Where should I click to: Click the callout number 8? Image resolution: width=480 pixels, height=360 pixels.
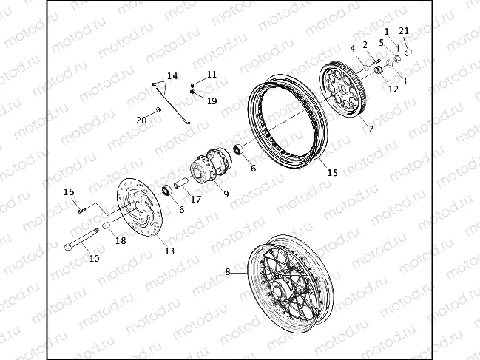pos(228,272)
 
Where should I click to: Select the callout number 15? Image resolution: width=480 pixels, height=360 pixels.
pos(332,172)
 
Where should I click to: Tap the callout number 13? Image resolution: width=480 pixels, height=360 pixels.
pos(169,251)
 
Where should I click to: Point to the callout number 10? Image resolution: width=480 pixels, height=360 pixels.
pos(94,259)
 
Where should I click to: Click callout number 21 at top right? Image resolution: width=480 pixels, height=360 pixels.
pos(403,30)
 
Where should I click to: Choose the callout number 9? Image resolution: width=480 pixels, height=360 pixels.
pos(225,194)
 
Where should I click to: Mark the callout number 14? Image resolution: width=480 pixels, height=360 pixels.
pos(172,75)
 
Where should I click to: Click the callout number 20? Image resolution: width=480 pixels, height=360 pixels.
pos(141,120)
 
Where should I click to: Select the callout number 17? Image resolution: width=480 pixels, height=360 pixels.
pos(196,198)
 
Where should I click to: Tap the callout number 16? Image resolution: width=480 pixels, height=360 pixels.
pos(69,192)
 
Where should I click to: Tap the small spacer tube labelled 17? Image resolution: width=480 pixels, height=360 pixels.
pos(182,183)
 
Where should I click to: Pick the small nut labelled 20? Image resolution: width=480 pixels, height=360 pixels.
pos(158,112)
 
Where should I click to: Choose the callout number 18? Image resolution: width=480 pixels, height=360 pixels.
pos(121,241)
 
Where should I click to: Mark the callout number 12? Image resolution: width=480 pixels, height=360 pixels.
pos(393,89)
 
